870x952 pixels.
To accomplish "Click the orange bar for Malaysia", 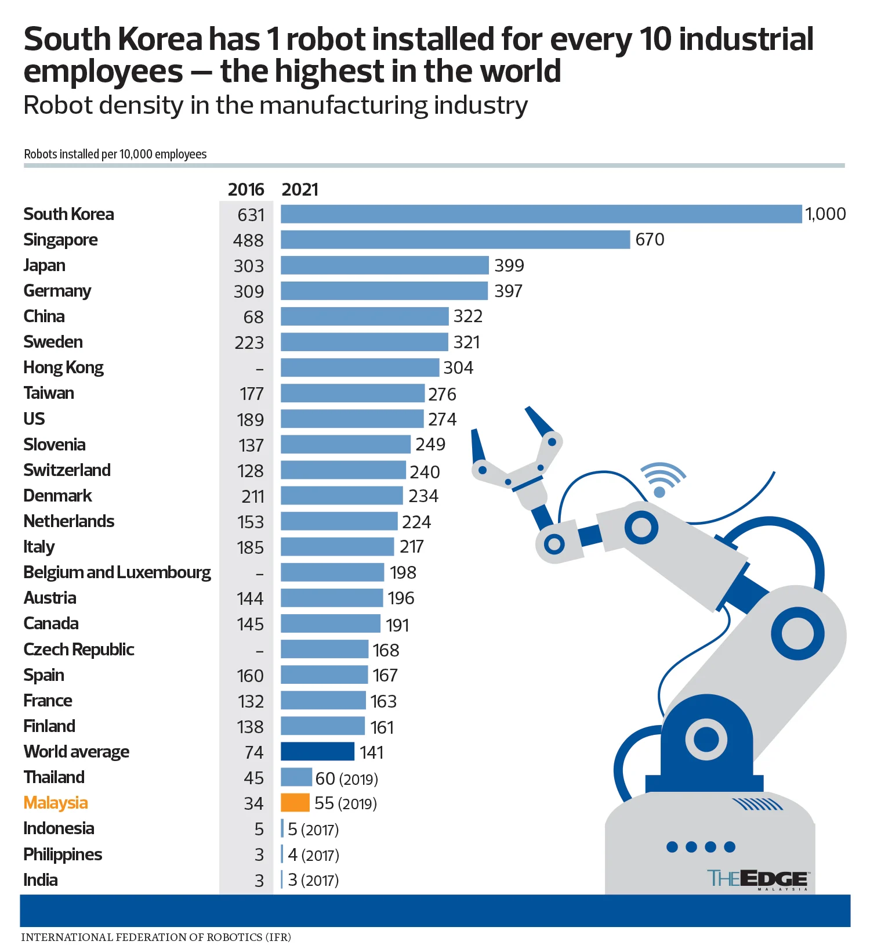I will point(295,803).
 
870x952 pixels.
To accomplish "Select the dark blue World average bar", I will point(317,752).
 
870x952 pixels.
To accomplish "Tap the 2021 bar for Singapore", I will point(455,240).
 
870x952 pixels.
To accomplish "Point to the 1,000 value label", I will point(825,214).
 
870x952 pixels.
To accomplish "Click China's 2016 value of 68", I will point(253,317).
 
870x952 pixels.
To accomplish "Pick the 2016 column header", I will point(245,190).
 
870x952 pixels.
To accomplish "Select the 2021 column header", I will point(300,190).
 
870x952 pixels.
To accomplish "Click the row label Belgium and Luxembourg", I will point(117,572).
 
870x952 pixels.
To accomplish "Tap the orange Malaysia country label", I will point(56,803).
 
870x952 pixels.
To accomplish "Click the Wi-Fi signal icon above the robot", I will point(662,479).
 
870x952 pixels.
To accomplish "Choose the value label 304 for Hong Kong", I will point(458,368).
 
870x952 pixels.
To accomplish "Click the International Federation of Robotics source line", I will point(156,937).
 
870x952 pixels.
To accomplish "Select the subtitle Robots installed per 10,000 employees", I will point(115,154).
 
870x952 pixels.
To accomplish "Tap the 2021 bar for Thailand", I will point(296,777).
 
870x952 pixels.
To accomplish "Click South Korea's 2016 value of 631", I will point(251,215).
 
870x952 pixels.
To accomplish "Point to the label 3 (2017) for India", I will point(313,880).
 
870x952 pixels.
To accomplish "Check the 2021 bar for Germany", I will point(384,291).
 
